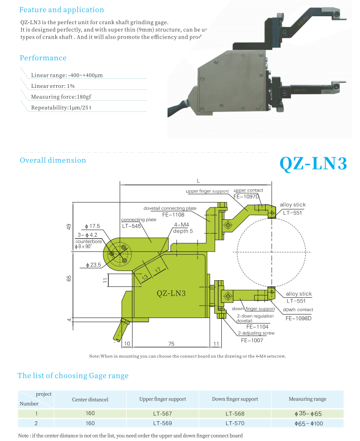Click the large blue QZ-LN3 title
[x=313, y=163]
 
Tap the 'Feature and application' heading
[x=62, y=10]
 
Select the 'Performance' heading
[x=43, y=58]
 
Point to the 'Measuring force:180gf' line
[x=61, y=97]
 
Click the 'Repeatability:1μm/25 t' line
[x=61, y=108]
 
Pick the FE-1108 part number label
[x=173, y=215]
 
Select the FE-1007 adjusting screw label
[x=251, y=340]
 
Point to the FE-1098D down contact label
[x=298, y=318]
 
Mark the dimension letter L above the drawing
[x=198, y=181]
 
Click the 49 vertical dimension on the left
[x=68, y=227]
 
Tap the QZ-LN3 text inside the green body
[x=171, y=293]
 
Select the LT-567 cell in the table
[x=162, y=413]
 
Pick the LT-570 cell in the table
[x=235, y=423]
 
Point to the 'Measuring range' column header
[x=307, y=399]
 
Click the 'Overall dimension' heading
[x=53, y=160]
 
